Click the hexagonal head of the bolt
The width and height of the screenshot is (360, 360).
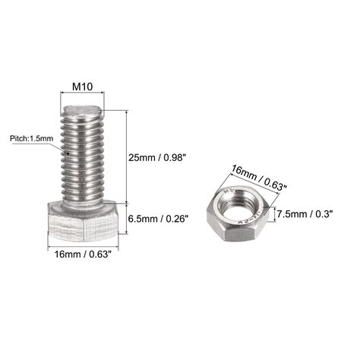[x=83, y=223]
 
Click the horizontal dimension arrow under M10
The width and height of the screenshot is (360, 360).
[x=82, y=95]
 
